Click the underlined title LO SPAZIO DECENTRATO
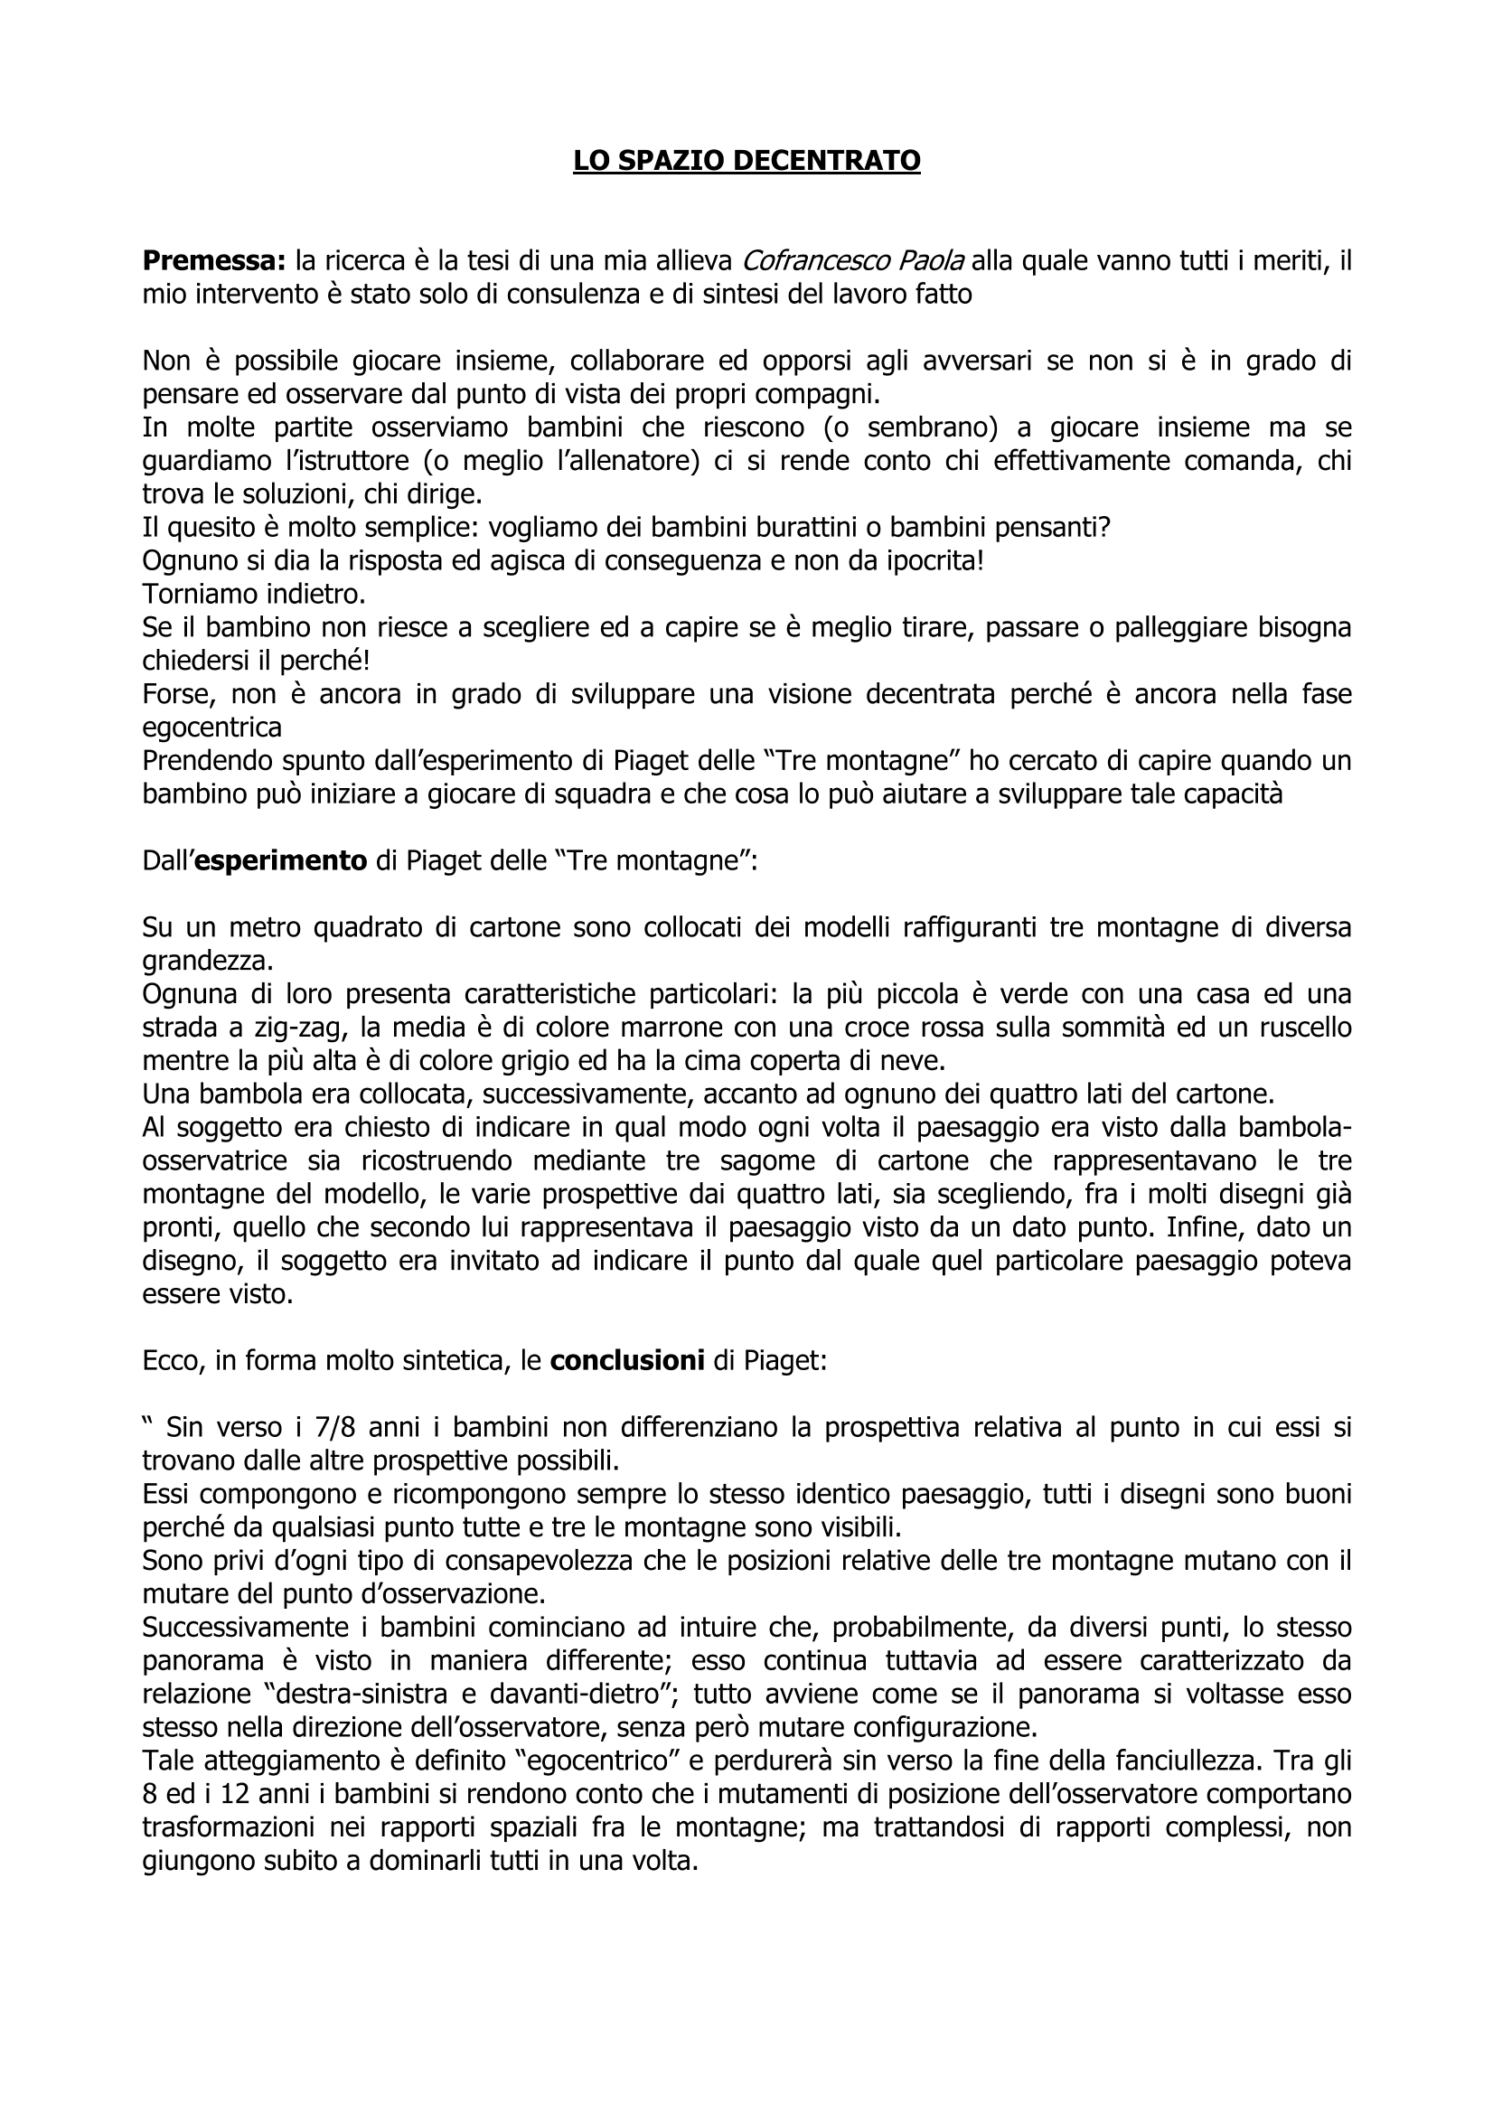(746, 161)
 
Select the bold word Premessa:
(214, 261)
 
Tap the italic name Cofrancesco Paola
(852, 261)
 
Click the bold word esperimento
(281, 860)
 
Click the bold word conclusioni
(627, 1361)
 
